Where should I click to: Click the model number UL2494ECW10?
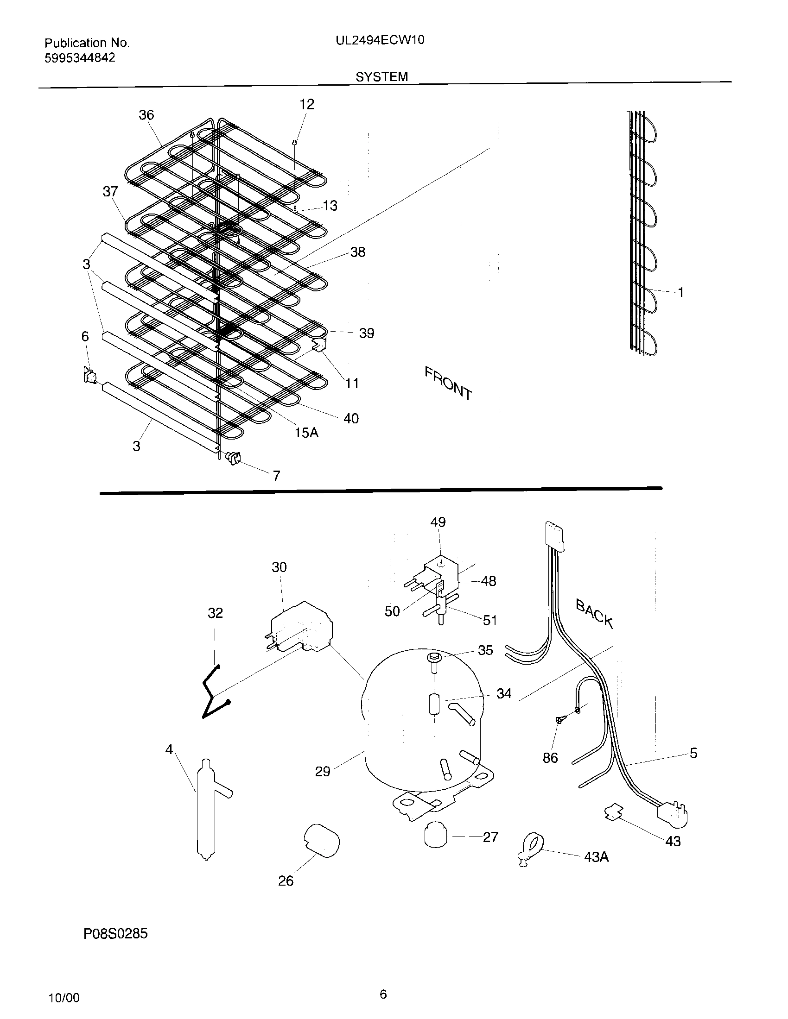380,41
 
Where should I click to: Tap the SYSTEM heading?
381,77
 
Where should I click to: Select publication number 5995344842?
80,58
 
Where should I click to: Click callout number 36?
146,115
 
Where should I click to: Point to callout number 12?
306,105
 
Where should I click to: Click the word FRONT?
448,383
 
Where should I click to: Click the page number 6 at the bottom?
383,994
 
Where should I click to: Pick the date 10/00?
64,999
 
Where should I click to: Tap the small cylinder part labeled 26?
322,841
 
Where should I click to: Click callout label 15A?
306,433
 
